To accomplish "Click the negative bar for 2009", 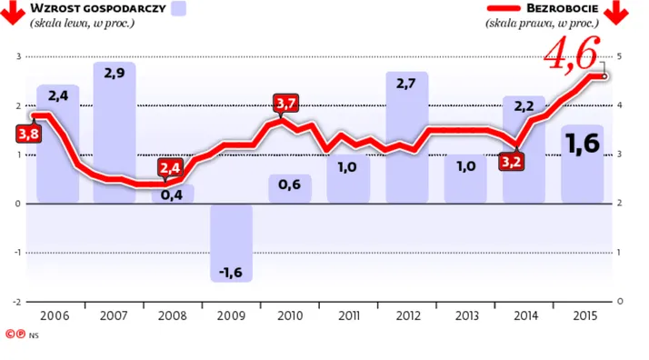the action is click(232, 243).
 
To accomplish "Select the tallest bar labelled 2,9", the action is click(115, 133).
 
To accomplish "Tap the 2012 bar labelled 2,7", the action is click(407, 137).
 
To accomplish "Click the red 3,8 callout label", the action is click(28, 134).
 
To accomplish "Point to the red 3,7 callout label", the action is click(286, 103).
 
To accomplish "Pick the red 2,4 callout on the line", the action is click(170, 167).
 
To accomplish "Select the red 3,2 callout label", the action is click(511, 162).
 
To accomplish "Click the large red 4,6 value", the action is click(572, 53).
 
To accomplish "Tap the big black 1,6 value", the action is click(583, 143).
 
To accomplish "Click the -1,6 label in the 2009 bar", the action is click(231, 273).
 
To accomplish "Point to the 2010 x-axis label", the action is click(290, 316).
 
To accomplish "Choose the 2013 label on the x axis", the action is click(467, 316).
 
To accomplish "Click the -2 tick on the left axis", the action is click(16, 302).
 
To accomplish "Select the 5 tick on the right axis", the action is click(619, 56).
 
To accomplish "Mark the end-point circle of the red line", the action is click(604, 76).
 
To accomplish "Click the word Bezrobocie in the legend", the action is click(562, 8).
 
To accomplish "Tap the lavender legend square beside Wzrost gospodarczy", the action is click(179, 8).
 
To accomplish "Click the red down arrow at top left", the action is click(13, 13).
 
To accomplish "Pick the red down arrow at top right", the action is click(616, 13).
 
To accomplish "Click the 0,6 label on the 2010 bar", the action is click(289, 185).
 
